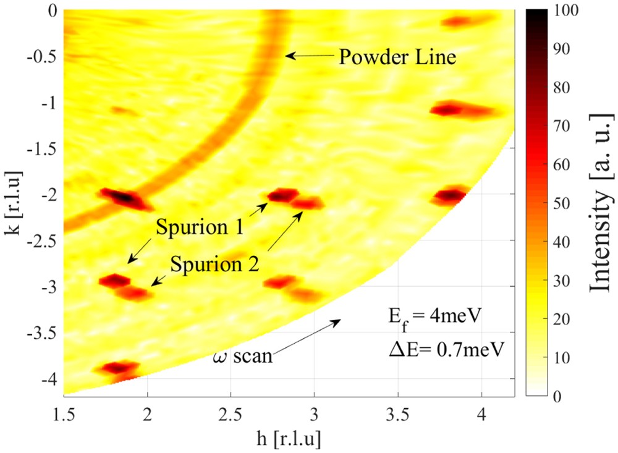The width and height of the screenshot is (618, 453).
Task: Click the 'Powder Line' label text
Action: tap(397, 57)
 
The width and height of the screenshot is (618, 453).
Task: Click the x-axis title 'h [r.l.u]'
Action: tap(280, 438)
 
